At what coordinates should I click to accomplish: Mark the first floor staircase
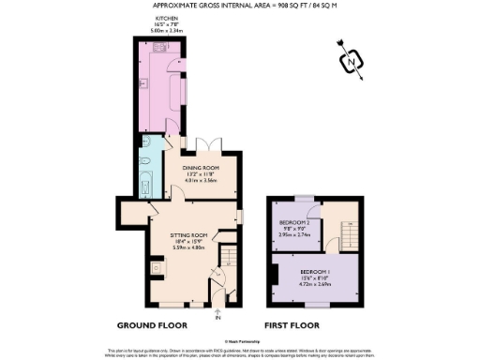[x=347, y=227]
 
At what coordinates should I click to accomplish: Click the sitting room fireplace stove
[x=157, y=267]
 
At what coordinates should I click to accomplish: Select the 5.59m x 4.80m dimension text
[x=187, y=247]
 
